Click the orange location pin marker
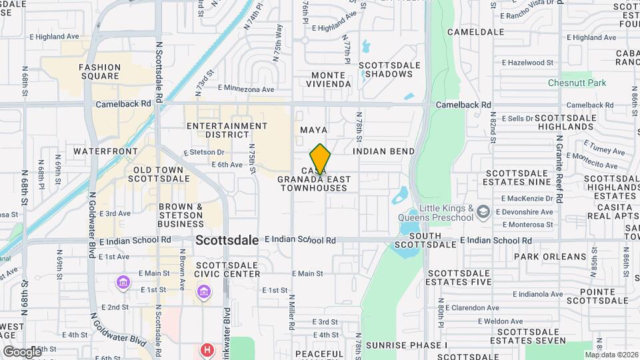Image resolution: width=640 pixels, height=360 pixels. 320,159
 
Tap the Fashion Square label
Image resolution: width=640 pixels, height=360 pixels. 99,72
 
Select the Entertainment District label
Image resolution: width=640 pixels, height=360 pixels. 227,130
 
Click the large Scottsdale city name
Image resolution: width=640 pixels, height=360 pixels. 227,240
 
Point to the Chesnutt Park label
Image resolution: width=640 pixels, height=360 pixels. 577,83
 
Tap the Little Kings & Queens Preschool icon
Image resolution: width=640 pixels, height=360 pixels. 484,213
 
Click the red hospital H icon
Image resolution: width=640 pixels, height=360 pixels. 208,349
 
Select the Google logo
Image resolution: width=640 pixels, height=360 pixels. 21,351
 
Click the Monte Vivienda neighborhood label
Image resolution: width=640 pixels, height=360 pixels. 329,79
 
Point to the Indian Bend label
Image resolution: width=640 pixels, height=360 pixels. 383,151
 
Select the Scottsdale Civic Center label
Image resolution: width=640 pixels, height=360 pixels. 227,269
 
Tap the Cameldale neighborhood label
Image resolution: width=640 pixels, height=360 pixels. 475,31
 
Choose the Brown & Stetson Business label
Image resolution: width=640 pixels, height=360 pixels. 181,215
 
